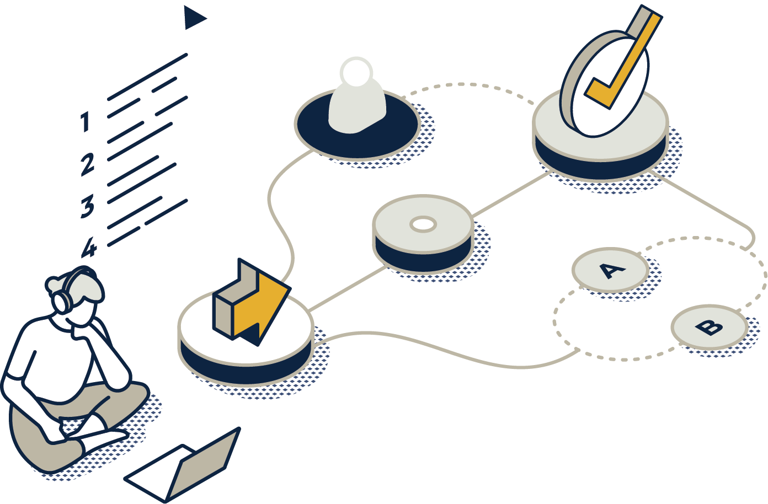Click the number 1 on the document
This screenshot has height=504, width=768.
click(85, 122)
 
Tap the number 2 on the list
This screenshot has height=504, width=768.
click(87, 165)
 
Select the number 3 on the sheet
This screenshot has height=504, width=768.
click(87, 206)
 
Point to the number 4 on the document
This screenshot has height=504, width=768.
click(88, 248)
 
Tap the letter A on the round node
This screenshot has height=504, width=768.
click(611, 270)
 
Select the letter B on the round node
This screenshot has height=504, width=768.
click(709, 328)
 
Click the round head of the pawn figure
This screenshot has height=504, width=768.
click(356, 72)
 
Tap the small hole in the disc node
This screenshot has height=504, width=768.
click(423, 224)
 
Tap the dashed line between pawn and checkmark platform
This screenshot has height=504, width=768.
click(469, 85)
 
